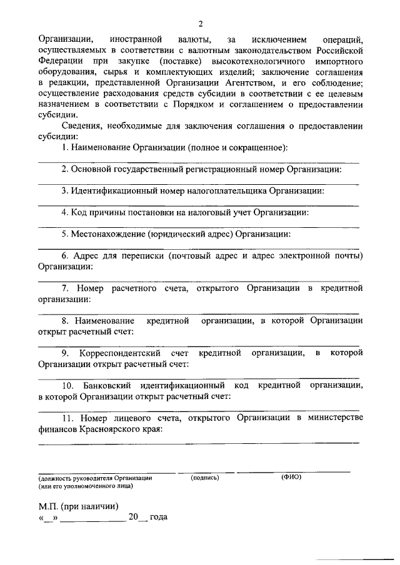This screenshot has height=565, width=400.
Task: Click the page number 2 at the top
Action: pos(200,24)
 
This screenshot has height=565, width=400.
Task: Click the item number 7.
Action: pos(65,288)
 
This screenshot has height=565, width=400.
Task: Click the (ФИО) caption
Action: pos(291,477)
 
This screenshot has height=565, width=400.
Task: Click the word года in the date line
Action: pos(158,518)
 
